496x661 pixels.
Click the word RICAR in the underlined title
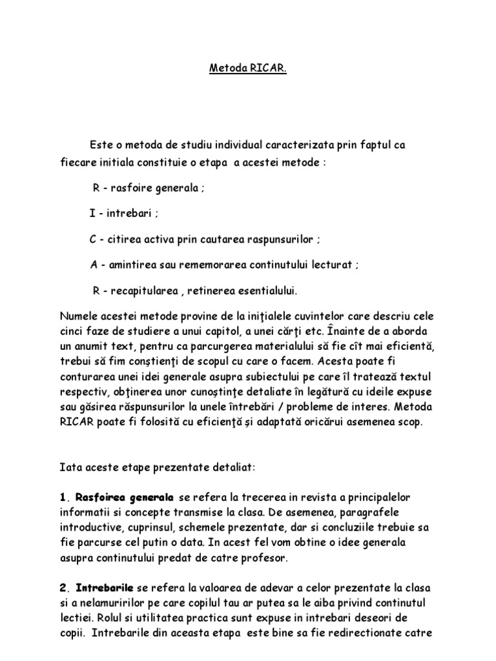coord(269,68)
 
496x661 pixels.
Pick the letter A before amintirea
coord(93,265)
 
